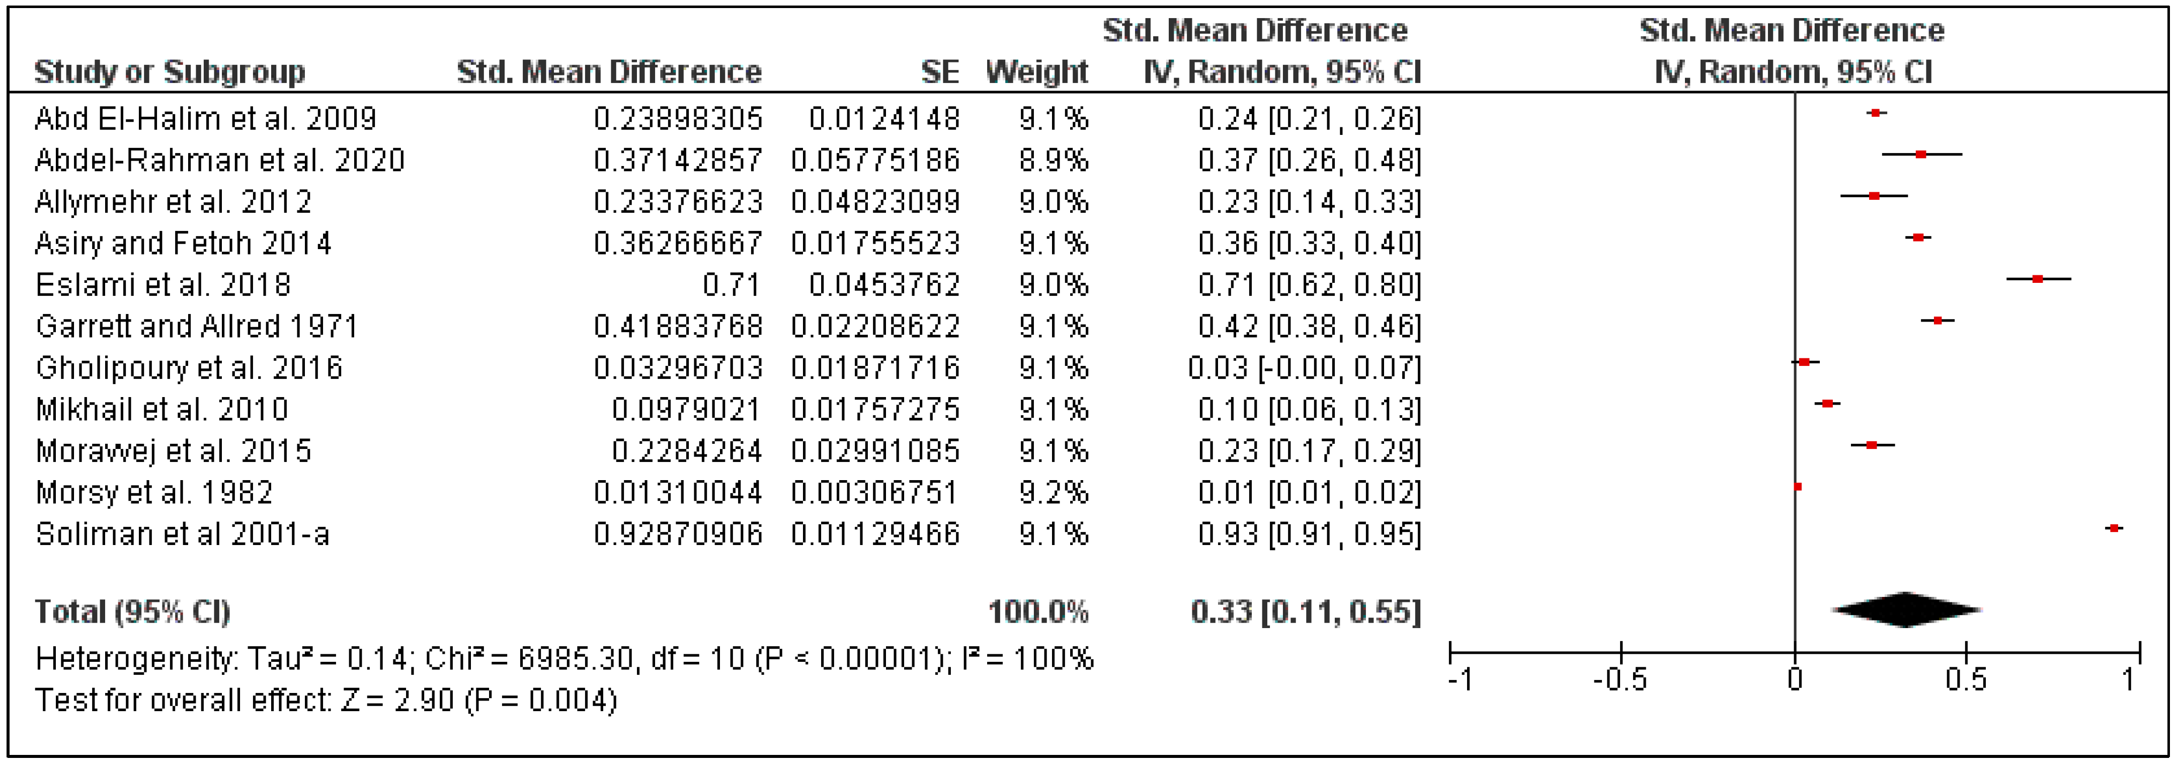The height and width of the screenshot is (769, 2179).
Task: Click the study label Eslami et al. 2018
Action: [163, 285]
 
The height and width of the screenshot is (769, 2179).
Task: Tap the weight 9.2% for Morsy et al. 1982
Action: [1053, 492]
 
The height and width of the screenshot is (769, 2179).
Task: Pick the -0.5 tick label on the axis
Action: [1620, 680]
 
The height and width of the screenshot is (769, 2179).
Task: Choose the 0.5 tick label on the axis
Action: [1966, 680]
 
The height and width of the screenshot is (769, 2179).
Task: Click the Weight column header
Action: [1036, 72]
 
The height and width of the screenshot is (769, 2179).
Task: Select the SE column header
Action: [940, 72]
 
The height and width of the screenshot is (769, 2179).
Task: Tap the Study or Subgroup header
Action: [169, 72]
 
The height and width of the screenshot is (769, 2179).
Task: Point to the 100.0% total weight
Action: [1038, 611]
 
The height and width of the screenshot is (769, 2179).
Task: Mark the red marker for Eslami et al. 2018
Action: [2038, 278]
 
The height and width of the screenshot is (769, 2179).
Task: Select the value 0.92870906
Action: [678, 534]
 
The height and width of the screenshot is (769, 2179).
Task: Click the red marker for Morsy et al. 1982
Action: [1798, 487]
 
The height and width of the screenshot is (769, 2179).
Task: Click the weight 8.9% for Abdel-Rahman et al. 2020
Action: [1053, 161]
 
